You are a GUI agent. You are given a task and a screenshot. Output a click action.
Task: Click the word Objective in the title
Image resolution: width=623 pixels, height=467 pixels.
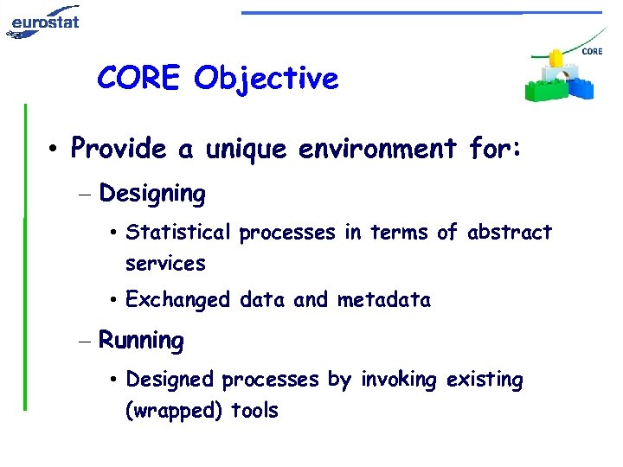(x=266, y=79)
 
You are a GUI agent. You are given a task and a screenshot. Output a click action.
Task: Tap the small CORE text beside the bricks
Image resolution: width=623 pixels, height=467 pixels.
(x=592, y=52)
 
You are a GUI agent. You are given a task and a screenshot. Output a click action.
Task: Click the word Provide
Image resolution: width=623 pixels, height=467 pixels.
(x=119, y=149)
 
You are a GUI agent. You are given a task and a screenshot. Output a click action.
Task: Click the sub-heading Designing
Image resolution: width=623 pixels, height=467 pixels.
(x=152, y=194)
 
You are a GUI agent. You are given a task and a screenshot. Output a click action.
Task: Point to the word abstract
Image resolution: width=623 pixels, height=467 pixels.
(x=509, y=233)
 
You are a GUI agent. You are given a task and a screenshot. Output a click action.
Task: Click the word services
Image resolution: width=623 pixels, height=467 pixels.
(x=165, y=263)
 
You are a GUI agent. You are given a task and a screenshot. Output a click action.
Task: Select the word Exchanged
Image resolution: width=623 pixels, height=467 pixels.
(x=177, y=300)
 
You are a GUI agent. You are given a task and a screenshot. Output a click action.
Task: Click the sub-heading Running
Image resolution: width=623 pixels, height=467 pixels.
(x=141, y=341)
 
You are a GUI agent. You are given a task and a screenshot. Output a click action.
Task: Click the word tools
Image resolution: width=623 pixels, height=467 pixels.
(x=254, y=410)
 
